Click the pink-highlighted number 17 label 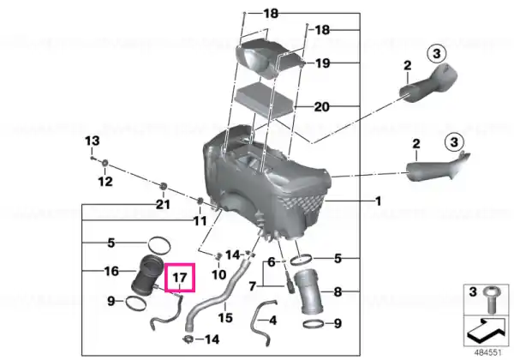(x=180, y=278)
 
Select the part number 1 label (x=379, y=201)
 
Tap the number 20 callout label (x=321, y=107)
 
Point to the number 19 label (x=323, y=63)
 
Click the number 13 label (x=93, y=141)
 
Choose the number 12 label (x=105, y=182)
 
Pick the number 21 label (x=163, y=205)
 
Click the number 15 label (x=225, y=317)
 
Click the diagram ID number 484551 (x=488, y=353)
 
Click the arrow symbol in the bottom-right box (x=486, y=330)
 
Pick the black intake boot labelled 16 (x=146, y=274)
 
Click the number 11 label (x=200, y=220)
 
